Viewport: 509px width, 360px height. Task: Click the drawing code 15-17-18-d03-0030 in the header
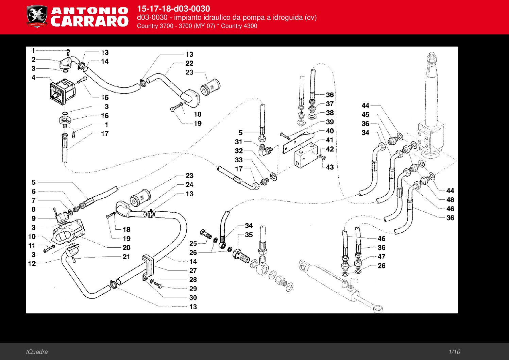pos(173,9)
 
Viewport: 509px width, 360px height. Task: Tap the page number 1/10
pos(454,352)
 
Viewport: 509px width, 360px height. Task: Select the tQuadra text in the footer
pos(37,352)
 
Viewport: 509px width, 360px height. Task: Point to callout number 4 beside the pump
pos(33,78)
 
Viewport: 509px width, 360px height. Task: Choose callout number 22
pos(189,63)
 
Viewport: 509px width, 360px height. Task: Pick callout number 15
pos(105,97)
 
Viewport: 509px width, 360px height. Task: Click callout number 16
pos(105,116)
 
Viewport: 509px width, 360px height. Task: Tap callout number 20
pos(126,248)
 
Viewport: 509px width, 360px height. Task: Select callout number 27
pos(193,271)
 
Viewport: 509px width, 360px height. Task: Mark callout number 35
pos(249,235)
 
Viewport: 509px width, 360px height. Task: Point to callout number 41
pos(329,140)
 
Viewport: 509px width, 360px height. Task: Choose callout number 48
pos(450,200)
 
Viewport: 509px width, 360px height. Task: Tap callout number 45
pos(366,115)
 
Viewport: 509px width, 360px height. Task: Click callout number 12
pos(32,263)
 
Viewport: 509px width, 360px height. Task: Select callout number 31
pos(239,142)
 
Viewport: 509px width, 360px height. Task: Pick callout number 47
pos(381,257)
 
